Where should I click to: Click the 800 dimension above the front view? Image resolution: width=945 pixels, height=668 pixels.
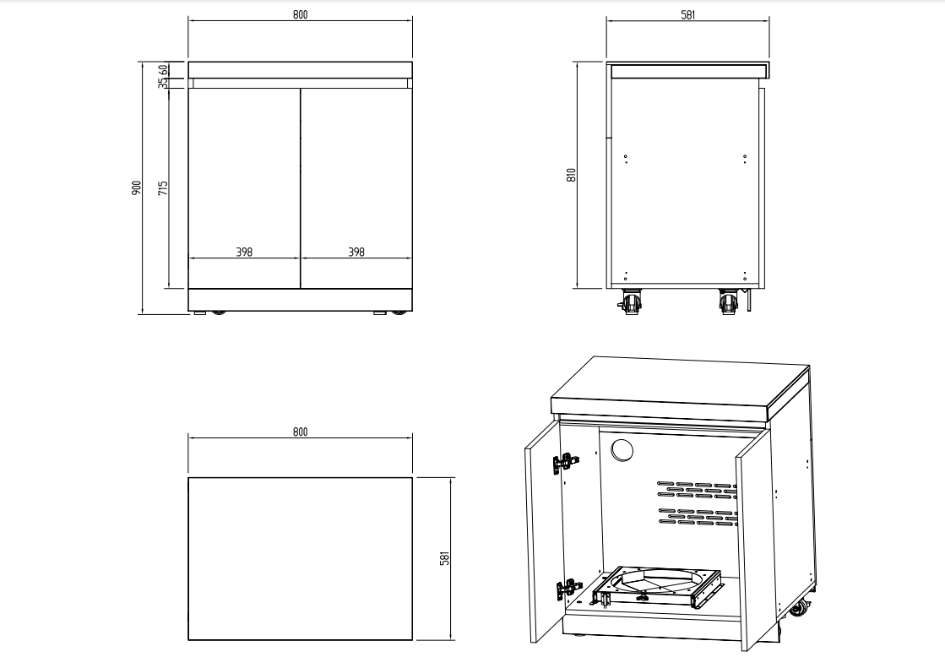pos(301,15)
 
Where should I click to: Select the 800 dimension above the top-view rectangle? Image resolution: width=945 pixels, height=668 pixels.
pos(301,432)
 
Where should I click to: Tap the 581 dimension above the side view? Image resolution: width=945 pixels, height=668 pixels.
pos(687,15)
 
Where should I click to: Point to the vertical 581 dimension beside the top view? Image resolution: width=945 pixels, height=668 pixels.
pos(445,558)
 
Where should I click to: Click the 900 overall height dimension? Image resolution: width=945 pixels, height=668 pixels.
pos(136,187)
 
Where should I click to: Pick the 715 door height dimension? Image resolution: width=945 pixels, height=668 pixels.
pos(163,187)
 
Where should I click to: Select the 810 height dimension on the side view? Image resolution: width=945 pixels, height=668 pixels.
pos(571,175)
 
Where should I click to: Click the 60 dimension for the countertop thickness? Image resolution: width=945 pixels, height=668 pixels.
pos(163,69)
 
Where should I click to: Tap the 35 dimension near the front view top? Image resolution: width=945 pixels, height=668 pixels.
pos(163,84)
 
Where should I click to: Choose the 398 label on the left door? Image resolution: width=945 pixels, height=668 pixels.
pos(244,252)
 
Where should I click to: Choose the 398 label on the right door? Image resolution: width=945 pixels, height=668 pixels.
pos(356,252)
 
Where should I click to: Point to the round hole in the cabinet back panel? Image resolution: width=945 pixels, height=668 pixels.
pos(621,451)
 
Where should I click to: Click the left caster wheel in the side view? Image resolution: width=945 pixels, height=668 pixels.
pos(631,301)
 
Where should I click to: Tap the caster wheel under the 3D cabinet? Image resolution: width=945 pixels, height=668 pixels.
pos(796,609)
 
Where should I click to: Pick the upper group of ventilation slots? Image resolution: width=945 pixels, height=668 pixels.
pos(696,490)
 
